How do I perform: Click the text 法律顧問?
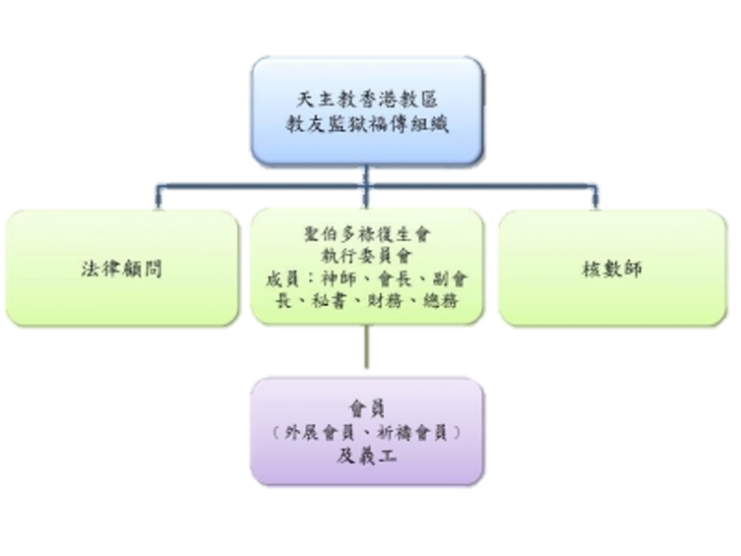pos(121,269)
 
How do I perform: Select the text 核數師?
pos(613,269)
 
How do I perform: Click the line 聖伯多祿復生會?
pos(367,235)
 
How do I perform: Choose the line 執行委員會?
pos(367,256)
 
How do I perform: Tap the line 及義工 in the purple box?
pos(367,457)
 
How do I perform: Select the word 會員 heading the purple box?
pos(367,409)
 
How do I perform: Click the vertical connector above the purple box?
pos(367,350)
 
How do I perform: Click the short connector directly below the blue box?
pos(367,176)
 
